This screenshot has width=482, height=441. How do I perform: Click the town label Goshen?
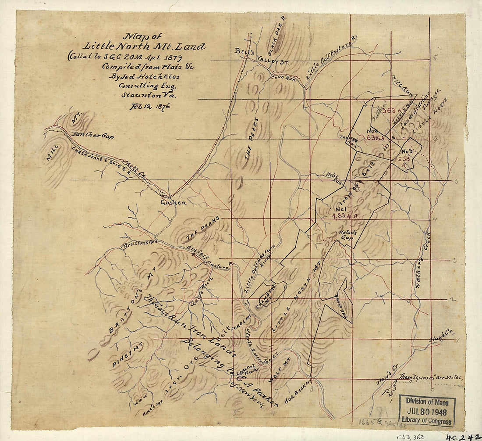pos(174,202)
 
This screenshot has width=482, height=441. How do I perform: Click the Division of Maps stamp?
pos(427,410)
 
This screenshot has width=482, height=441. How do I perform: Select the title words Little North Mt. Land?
pos(145,46)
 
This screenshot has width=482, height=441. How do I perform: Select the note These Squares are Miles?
pos(429,377)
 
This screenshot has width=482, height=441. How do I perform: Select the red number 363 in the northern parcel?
pos(389,111)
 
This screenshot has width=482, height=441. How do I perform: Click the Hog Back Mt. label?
pos(297,392)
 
